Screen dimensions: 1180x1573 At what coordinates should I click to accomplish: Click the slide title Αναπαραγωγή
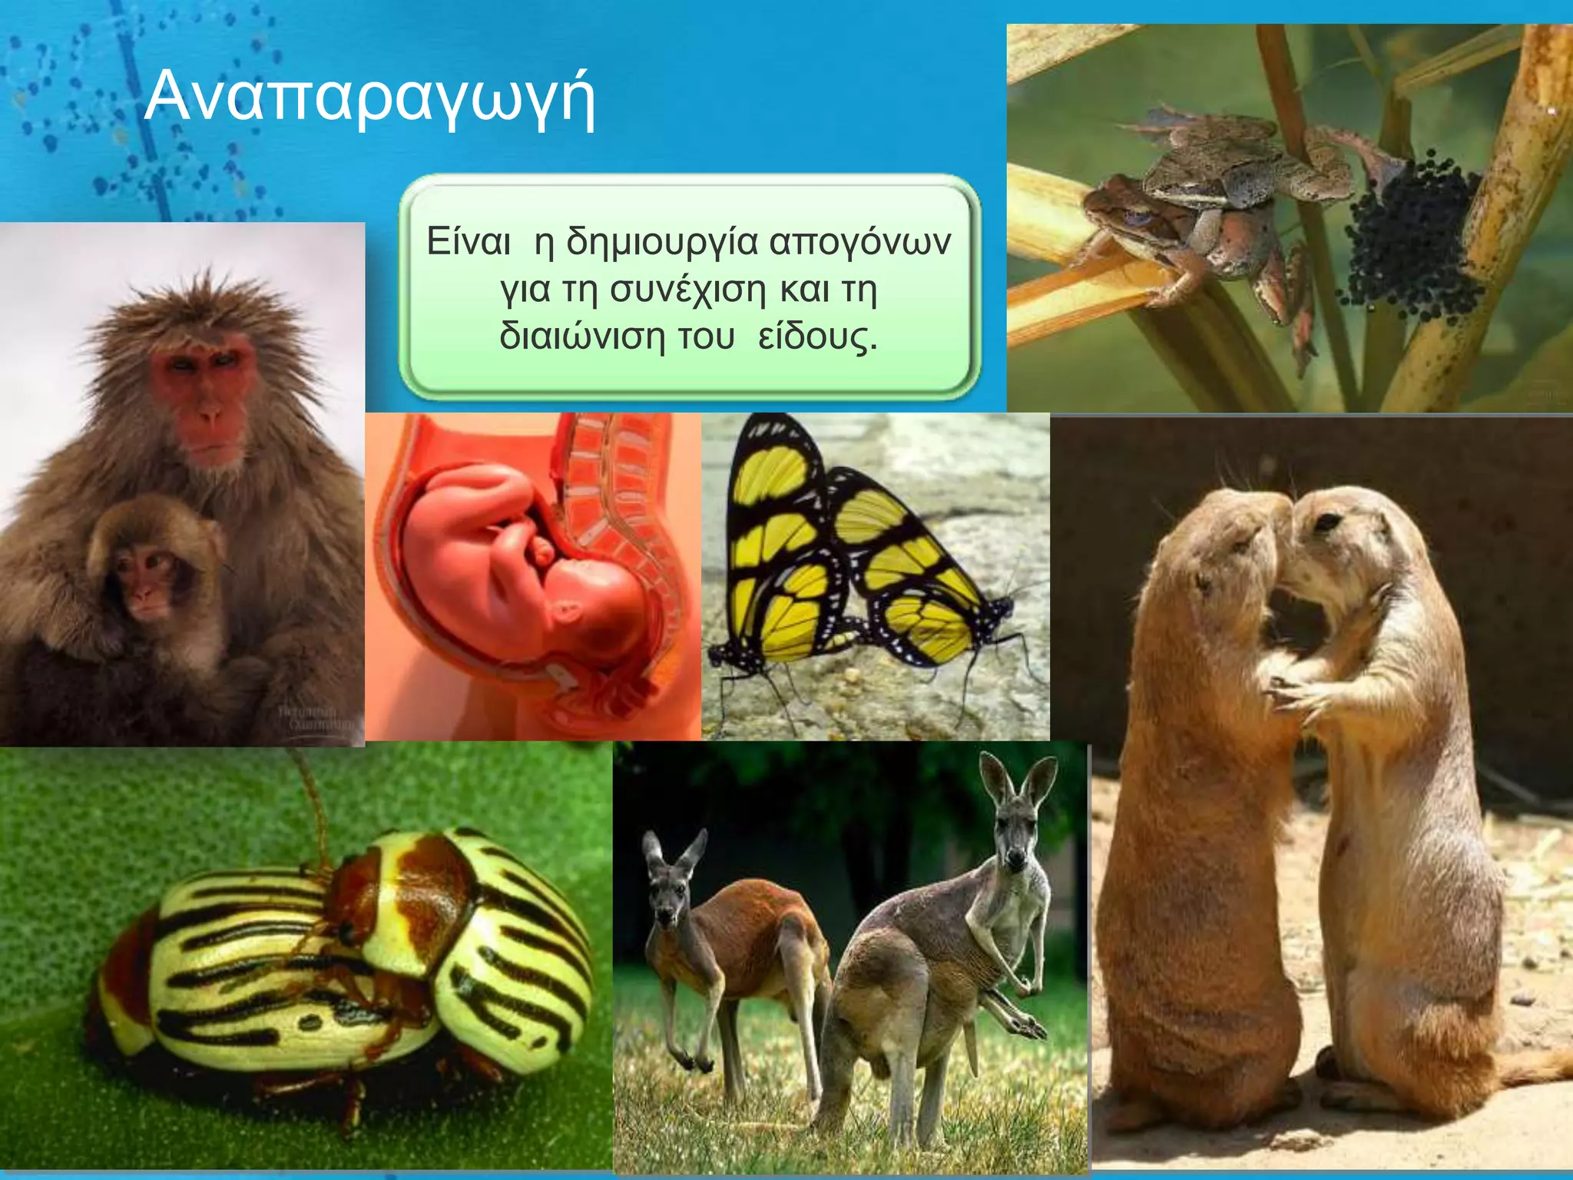tap(369, 98)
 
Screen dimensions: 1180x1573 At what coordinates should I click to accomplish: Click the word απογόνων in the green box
tap(859, 242)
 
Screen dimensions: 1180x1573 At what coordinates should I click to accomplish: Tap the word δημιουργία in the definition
tap(661, 242)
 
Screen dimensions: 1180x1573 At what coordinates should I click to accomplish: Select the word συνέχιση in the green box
tap(688, 290)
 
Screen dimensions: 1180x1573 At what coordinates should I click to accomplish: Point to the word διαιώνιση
tap(582, 336)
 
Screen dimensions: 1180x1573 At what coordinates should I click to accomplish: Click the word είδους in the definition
tap(817, 336)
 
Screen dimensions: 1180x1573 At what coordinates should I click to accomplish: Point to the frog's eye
tap(1138, 217)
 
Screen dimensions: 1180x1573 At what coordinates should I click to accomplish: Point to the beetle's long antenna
tap(311, 799)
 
